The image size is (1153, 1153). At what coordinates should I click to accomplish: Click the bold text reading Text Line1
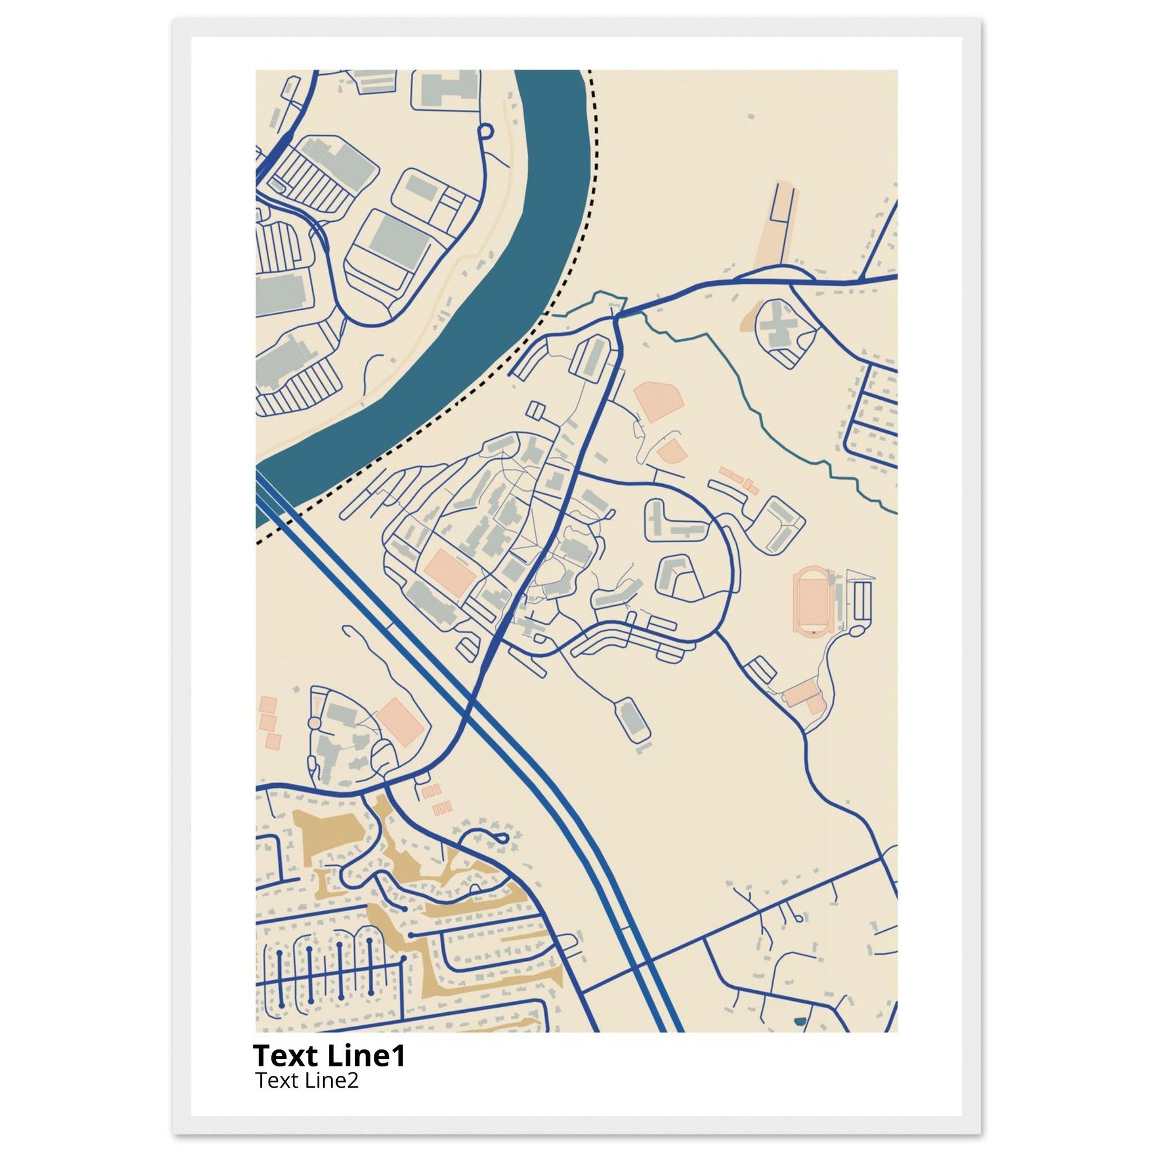pos(329,1056)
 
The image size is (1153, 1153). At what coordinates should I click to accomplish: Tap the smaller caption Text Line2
pos(307,1080)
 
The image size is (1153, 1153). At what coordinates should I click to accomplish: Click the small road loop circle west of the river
pos(485,129)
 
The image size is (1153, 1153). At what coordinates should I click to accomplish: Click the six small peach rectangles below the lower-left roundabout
pos(436,799)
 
